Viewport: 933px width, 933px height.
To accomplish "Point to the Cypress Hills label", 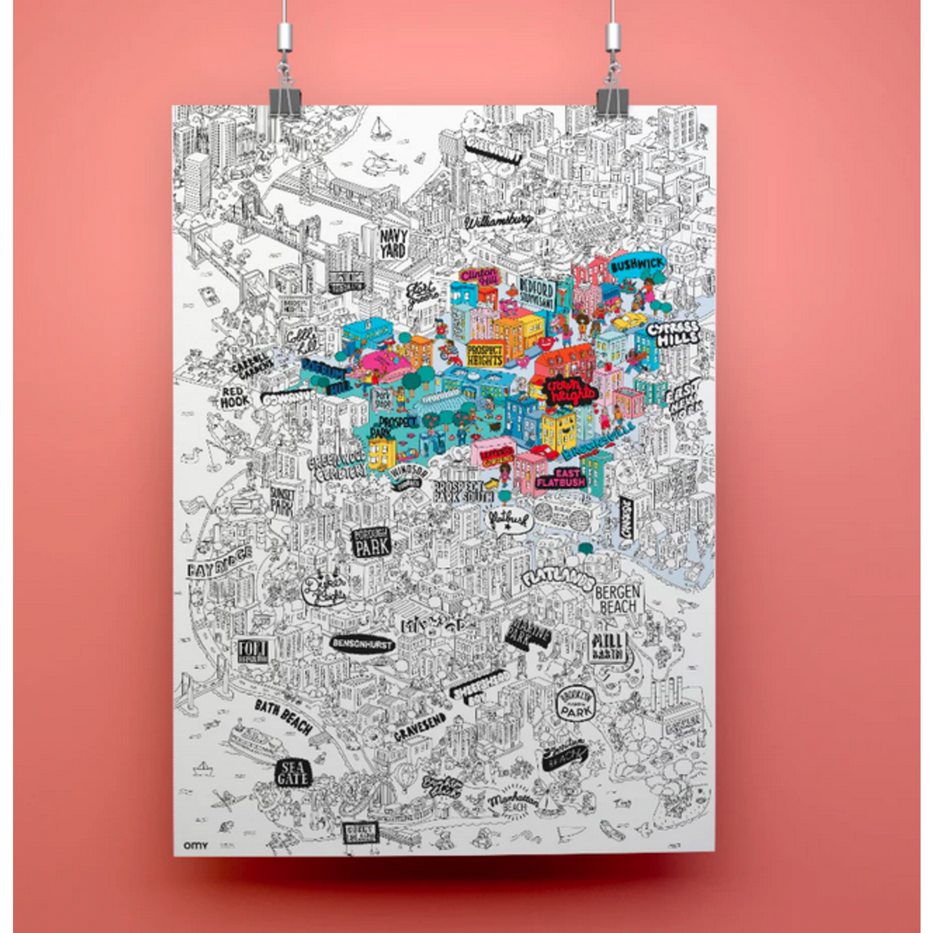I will (x=673, y=333).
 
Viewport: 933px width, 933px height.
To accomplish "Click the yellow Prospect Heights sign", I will (x=485, y=355).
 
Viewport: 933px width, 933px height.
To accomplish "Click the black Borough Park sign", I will (x=370, y=542).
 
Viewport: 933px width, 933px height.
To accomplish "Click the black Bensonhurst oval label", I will (x=363, y=644).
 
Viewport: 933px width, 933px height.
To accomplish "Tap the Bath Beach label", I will (x=283, y=717).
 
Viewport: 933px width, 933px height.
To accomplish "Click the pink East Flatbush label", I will (x=558, y=477).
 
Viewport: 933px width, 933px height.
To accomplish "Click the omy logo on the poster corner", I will (x=195, y=845).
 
